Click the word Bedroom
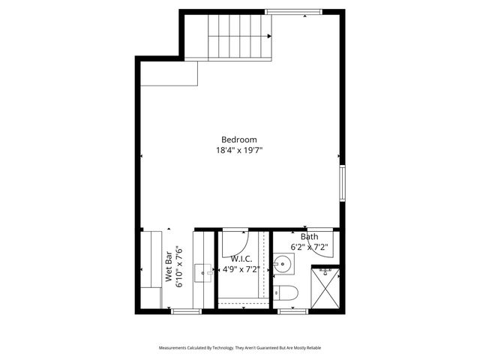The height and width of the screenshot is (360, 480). click(239, 139)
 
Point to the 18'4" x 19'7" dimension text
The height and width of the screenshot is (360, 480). click(239, 150)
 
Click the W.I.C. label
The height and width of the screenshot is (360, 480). click(240, 259)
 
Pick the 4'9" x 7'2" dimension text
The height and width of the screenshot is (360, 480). click(240, 269)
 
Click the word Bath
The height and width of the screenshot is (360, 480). click(309, 237)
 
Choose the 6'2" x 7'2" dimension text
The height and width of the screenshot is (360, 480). click(309, 247)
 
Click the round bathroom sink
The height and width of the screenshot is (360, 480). click(283, 264)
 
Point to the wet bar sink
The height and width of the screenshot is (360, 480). click(203, 272)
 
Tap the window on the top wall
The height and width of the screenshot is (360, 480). click(294, 12)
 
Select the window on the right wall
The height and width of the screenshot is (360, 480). click(342, 184)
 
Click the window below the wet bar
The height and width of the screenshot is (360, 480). click(185, 310)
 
